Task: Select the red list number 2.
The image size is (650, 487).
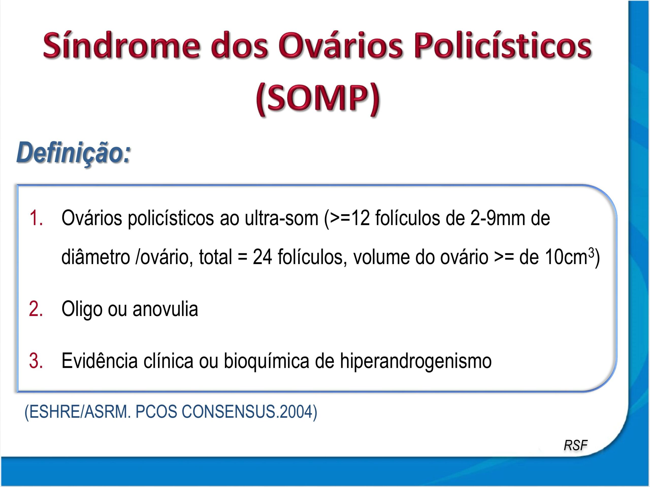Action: click(36, 309)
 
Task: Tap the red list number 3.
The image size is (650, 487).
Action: click(36, 361)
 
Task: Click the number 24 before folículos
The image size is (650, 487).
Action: click(262, 257)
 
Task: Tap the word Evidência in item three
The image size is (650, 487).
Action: click(99, 361)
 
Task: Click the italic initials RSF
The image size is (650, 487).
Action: click(575, 446)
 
